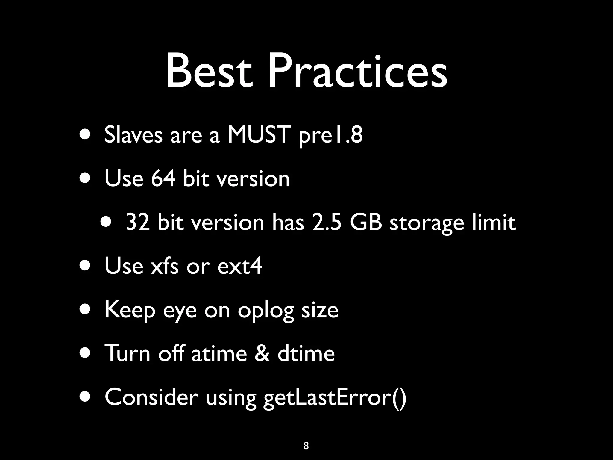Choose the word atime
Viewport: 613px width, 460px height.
point(219,353)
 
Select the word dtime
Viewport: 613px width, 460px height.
point(306,353)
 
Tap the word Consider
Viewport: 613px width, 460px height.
point(151,397)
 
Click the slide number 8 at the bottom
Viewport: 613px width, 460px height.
point(306,446)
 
